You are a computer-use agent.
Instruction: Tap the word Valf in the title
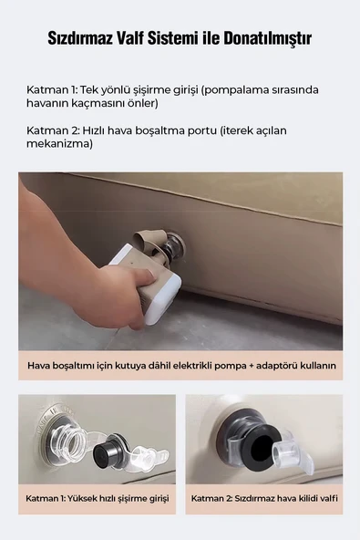[135, 39]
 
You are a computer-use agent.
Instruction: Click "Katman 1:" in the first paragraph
[54, 90]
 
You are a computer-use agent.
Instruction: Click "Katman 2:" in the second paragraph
[54, 130]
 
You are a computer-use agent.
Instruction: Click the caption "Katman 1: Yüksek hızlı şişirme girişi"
[98, 499]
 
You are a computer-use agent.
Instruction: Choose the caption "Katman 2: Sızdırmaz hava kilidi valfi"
[263, 499]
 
